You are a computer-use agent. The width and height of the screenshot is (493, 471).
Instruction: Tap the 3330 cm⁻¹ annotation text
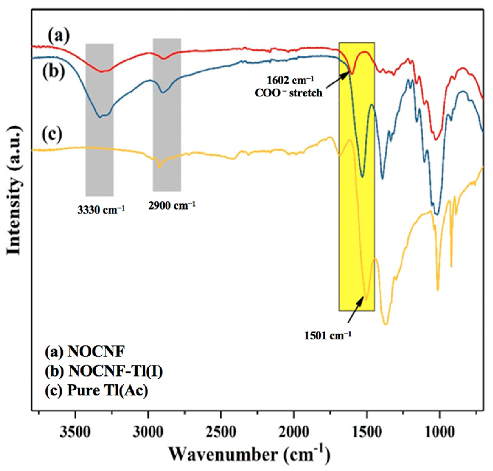pos(101,210)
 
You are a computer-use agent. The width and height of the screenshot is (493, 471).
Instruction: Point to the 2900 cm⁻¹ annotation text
pos(172,205)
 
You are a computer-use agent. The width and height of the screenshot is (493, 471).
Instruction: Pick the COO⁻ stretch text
pos(289,93)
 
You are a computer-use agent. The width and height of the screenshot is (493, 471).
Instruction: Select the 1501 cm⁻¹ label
pos(327,335)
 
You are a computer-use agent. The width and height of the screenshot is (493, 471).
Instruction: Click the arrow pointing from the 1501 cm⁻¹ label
pos(356,311)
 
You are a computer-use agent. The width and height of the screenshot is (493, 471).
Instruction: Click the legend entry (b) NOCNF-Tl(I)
pos(104,371)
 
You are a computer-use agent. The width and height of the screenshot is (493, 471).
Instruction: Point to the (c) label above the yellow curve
pos(52,134)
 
